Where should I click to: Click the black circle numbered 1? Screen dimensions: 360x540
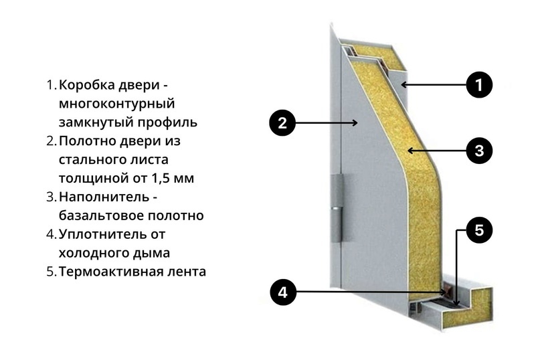tap(478, 85)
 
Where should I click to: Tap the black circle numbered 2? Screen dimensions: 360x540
tap(282, 122)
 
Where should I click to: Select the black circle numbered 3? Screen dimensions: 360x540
tap(478, 151)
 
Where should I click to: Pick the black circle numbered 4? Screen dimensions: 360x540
tap(282, 292)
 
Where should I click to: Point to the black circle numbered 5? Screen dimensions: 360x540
tap(478, 230)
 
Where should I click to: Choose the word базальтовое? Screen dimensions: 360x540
tap(98, 216)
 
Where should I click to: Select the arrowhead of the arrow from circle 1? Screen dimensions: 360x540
tap(403, 85)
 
